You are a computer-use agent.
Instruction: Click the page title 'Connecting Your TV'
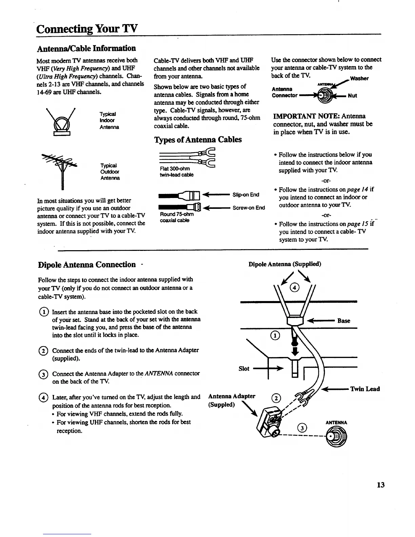click(87, 28)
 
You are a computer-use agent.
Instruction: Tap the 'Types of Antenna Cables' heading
click(198, 140)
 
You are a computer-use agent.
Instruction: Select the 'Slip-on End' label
click(246, 195)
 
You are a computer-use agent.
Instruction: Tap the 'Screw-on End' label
click(249, 208)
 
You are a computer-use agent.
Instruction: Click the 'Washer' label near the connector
click(359, 78)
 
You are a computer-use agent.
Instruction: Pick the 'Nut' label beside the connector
click(352, 96)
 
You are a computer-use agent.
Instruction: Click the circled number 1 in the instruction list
click(44, 312)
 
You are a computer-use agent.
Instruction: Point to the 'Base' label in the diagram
click(344, 321)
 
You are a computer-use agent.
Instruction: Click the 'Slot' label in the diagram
click(244, 369)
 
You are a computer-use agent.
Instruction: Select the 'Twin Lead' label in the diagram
click(365, 389)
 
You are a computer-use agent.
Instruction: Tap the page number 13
click(380, 485)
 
